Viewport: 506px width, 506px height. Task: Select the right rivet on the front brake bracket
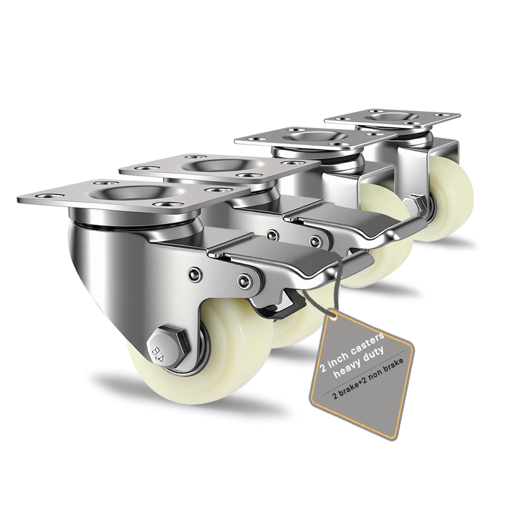click(x=243, y=280)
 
